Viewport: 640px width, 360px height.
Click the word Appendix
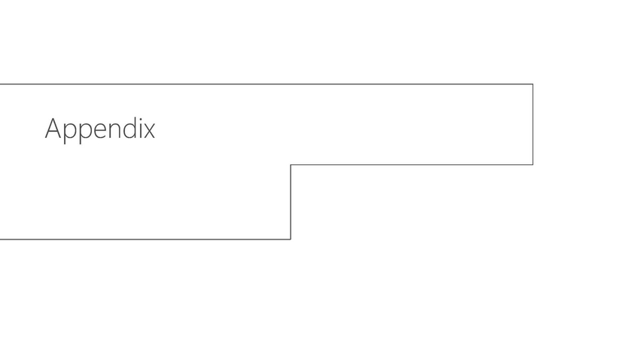point(99,129)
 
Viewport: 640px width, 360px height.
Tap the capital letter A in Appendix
point(53,129)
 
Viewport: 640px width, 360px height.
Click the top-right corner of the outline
point(533,84)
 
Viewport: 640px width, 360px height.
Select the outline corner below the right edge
point(533,164)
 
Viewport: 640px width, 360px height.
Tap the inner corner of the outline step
point(291,164)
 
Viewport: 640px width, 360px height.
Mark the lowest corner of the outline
point(291,239)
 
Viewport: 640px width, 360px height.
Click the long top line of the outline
point(264,84)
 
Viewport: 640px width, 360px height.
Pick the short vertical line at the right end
point(533,124)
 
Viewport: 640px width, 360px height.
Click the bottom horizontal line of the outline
point(143,239)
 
